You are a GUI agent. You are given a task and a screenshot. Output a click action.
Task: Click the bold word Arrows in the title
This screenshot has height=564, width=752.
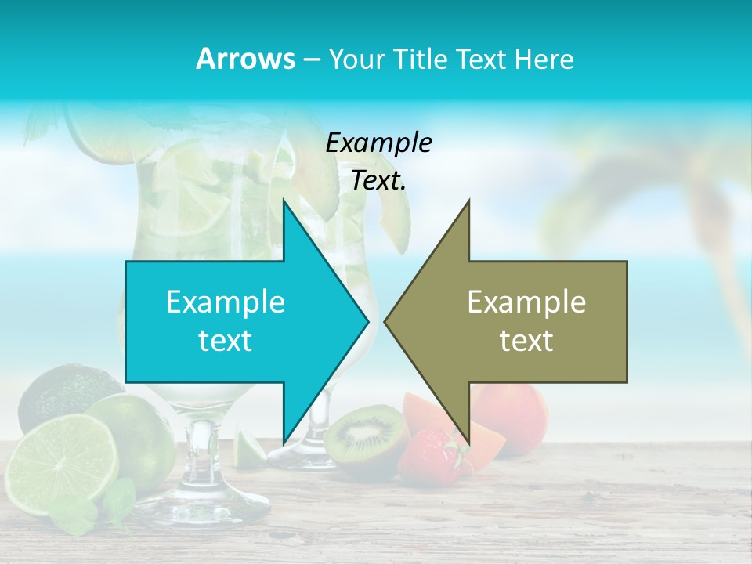point(245,59)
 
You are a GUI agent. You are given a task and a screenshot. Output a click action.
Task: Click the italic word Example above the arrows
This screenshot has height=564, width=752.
point(378,143)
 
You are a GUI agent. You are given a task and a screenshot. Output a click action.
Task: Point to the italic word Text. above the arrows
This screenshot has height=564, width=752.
point(378,181)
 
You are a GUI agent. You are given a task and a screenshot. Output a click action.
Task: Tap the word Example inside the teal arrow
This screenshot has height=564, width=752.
point(226,302)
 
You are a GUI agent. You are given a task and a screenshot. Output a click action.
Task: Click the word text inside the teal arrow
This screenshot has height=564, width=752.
point(226,341)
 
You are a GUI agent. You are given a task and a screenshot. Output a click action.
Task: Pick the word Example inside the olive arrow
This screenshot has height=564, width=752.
point(526,302)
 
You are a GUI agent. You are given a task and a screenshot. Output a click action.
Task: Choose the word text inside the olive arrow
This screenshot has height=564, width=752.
point(526,341)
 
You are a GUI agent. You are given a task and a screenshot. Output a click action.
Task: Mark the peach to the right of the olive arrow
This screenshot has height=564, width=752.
point(513,415)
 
